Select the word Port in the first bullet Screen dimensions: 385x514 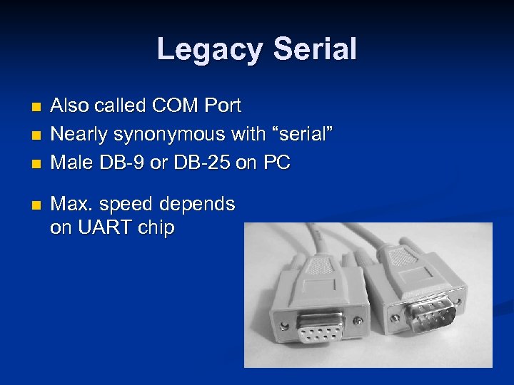[x=222, y=106]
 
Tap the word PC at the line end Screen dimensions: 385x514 [x=276, y=163]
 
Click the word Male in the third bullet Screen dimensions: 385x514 [x=68, y=163]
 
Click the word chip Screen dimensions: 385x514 [x=156, y=229]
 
